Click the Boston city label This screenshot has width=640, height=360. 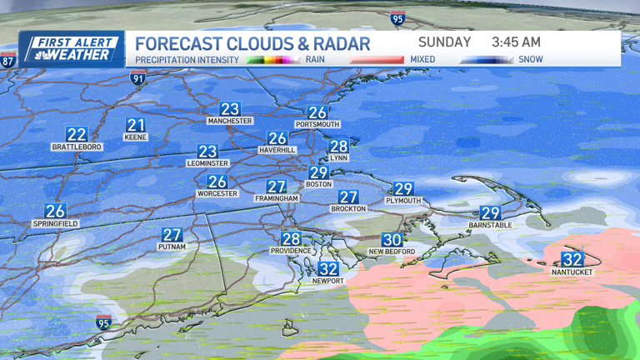(318, 184)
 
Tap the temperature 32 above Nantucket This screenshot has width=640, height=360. (572, 259)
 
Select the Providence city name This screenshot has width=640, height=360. (291, 251)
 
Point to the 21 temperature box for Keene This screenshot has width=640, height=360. (136, 125)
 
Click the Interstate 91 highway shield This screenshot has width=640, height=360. (137, 78)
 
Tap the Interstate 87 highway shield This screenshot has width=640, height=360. (7, 60)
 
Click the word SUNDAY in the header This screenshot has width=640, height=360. (444, 42)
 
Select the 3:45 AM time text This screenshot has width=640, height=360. (516, 42)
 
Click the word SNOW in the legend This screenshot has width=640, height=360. (530, 60)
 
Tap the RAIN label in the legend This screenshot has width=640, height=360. (316, 60)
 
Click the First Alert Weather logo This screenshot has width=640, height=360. (71, 48)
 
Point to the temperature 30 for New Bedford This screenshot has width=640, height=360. (392, 239)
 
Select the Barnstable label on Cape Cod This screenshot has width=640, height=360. (490, 225)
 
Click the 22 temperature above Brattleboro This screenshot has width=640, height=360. (77, 134)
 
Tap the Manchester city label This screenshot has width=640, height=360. (230, 121)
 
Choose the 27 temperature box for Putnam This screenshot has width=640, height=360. (172, 235)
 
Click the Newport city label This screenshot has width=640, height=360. (328, 281)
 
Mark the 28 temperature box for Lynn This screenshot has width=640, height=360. (338, 146)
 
